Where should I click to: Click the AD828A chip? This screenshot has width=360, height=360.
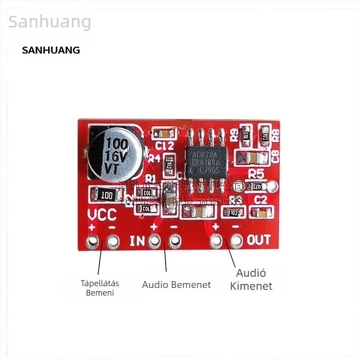[x=207, y=160]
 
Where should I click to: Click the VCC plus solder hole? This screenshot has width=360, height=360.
[x=93, y=242]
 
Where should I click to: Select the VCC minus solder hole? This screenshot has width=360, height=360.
[x=112, y=242]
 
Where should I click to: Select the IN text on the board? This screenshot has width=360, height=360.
[x=137, y=241]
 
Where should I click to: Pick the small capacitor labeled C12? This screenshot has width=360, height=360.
[x=164, y=134]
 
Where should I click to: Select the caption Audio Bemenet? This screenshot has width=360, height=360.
[x=176, y=285]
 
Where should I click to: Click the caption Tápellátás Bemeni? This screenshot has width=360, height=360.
[x=100, y=288]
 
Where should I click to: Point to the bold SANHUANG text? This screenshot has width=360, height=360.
[x=51, y=50]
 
